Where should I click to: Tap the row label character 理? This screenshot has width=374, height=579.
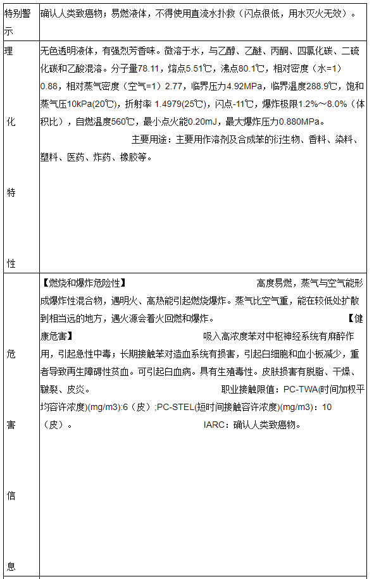pos(9,50)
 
